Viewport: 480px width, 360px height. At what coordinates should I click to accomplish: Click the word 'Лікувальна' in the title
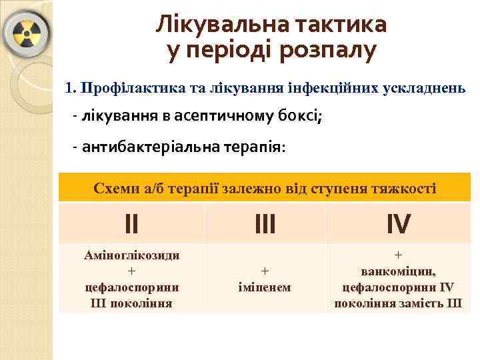pyautogui.click(x=213, y=25)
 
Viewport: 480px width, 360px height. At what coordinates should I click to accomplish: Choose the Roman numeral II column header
pyautogui.click(x=131, y=224)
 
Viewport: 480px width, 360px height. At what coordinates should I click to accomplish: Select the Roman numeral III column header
pyautogui.click(x=265, y=224)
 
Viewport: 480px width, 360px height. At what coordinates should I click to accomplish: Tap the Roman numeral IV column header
pyautogui.click(x=398, y=224)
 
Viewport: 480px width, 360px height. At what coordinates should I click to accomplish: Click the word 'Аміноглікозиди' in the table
pyautogui.click(x=131, y=255)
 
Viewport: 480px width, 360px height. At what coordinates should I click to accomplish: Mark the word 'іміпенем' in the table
pyautogui.click(x=265, y=287)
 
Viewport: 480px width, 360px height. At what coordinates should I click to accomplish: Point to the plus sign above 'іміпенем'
pyautogui.click(x=265, y=271)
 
